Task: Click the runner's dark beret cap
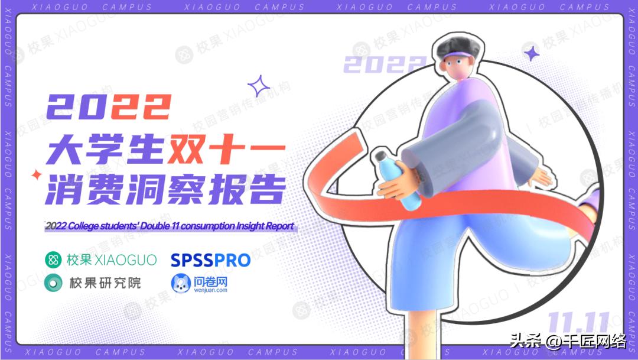pyautogui.click(x=459, y=45)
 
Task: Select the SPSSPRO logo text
pyautogui.click(x=210, y=260)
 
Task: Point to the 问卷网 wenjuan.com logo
pyautogui.click(x=199, y=283)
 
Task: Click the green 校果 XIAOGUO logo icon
pyautogui.click(x=54, y=260)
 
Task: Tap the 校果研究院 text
pyautogui.click(x=105, y=283)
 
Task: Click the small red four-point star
pyautogui.click(x=37, y=175)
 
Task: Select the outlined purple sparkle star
pyautogui.click(x=258, y=86)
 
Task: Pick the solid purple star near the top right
pyautogui.click(x=532, y=53)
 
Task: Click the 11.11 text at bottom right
pyautogui.click(x=578, y=323)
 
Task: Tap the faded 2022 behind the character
pyautogui.click(x=384, y=64)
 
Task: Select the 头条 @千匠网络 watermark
pyautogui.click(x=567, y=341)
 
